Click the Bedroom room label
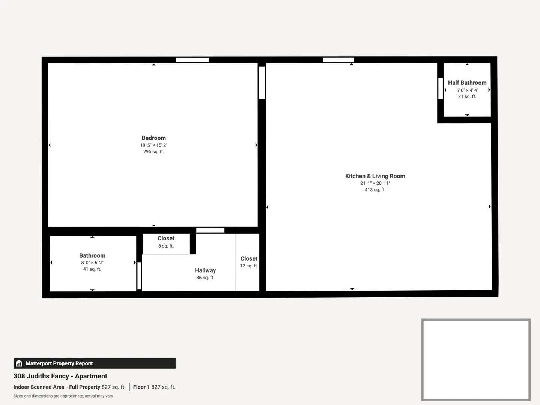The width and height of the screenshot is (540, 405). [x=154, y=138]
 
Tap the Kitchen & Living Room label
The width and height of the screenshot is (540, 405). [x=375, y=176]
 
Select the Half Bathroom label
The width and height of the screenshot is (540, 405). [x=467, y=83]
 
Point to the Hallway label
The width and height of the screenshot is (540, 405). [x=205, y=270]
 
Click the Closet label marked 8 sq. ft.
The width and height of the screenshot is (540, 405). [x=166, y=238]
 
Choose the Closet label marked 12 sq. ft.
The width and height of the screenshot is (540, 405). [x=249, y=258]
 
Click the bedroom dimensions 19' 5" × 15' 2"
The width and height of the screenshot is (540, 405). [x=154, y=145]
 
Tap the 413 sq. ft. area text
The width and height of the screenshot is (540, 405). [x=375, y=190]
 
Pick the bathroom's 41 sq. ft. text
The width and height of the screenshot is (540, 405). [x=92, y=269]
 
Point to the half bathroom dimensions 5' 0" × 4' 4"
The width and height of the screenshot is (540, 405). [x=467, y=90]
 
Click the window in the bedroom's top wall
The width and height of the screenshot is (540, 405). [x=193, y=60]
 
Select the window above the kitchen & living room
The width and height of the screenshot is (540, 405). [x=338, y=60]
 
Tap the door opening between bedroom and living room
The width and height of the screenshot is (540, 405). [x=262, y=83]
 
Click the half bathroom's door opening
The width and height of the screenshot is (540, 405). [x=440, y=88]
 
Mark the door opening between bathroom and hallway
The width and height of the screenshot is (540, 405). [x=139, y=276]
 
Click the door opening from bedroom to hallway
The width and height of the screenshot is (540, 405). [x=210, y=230]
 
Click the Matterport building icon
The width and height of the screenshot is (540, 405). [x=19, y=363]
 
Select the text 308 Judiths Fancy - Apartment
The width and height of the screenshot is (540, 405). [x=60, y=376]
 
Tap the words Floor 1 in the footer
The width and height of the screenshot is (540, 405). [x=141, y=387]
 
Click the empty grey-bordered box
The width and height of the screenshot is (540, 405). [x=422, y=359]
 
